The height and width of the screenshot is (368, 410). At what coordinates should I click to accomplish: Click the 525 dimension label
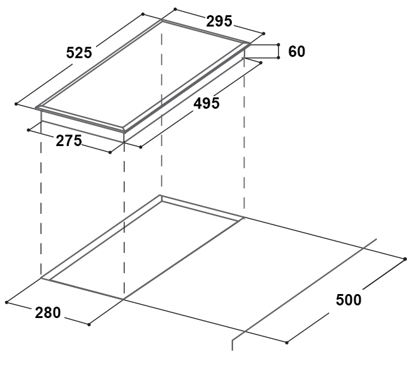click(79, 53)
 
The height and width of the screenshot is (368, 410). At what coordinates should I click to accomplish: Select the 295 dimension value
click(220, 21)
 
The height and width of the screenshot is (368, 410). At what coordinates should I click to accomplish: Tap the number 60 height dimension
click(296, 51)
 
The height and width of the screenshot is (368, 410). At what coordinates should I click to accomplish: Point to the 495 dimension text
click(207, 103)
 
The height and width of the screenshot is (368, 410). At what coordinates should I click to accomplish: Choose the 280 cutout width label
click(48, 312)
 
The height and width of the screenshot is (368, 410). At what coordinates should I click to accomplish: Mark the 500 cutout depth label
click(348, 300)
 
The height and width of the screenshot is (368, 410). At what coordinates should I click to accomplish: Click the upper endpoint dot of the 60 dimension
click(279, 44)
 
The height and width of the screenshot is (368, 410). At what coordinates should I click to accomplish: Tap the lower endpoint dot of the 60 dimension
click(279, 58)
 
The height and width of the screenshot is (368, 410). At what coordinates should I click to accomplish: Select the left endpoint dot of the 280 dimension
click(7, 302)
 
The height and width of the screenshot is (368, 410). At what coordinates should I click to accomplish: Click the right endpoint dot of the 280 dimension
click(89, 324)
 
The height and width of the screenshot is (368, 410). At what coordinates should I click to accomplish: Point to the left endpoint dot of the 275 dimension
click(29, 130)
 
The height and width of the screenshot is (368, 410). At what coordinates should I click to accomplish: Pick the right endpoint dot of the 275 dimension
click(110, 152)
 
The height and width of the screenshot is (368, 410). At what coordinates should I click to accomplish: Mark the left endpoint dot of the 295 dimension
click(174, 10)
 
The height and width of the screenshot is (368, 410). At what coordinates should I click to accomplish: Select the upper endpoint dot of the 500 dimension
click(404, 258)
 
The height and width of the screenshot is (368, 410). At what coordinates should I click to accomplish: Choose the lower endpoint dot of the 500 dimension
click(286, 343)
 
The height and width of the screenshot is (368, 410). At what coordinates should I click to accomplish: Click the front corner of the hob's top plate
click(123, 131)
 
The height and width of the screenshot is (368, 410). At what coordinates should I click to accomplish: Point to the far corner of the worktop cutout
click(161, 195)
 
